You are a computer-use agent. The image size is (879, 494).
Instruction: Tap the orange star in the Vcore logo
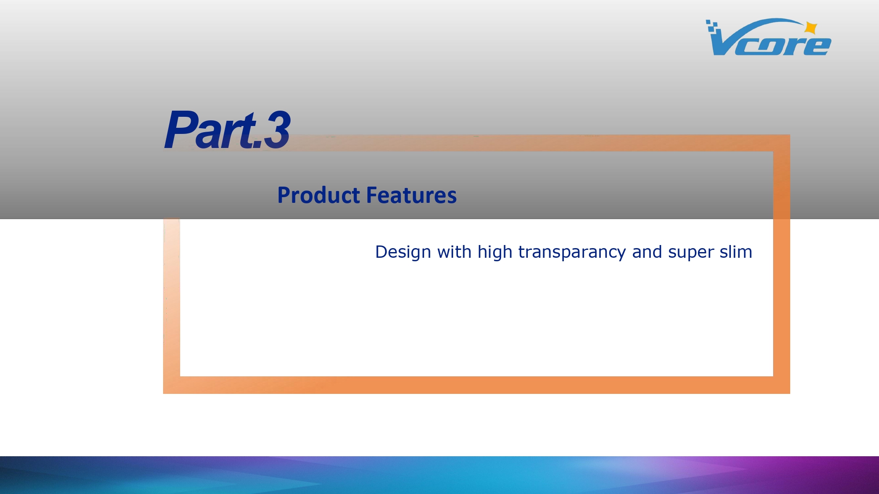coord(811,28)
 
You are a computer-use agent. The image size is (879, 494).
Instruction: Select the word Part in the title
coord(211,130)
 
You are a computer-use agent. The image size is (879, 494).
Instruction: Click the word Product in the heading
coord(319,195)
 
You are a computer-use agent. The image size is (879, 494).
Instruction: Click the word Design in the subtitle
coord(403,252)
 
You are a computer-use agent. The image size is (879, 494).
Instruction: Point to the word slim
coord(736,252)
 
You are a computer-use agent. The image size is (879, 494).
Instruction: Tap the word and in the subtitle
coord(647,252)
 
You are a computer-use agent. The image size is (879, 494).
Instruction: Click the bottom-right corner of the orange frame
coord(790,393)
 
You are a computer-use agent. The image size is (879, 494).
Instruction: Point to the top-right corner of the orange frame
coord(790,135)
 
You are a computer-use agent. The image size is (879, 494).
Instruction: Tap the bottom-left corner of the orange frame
coord(163,393)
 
